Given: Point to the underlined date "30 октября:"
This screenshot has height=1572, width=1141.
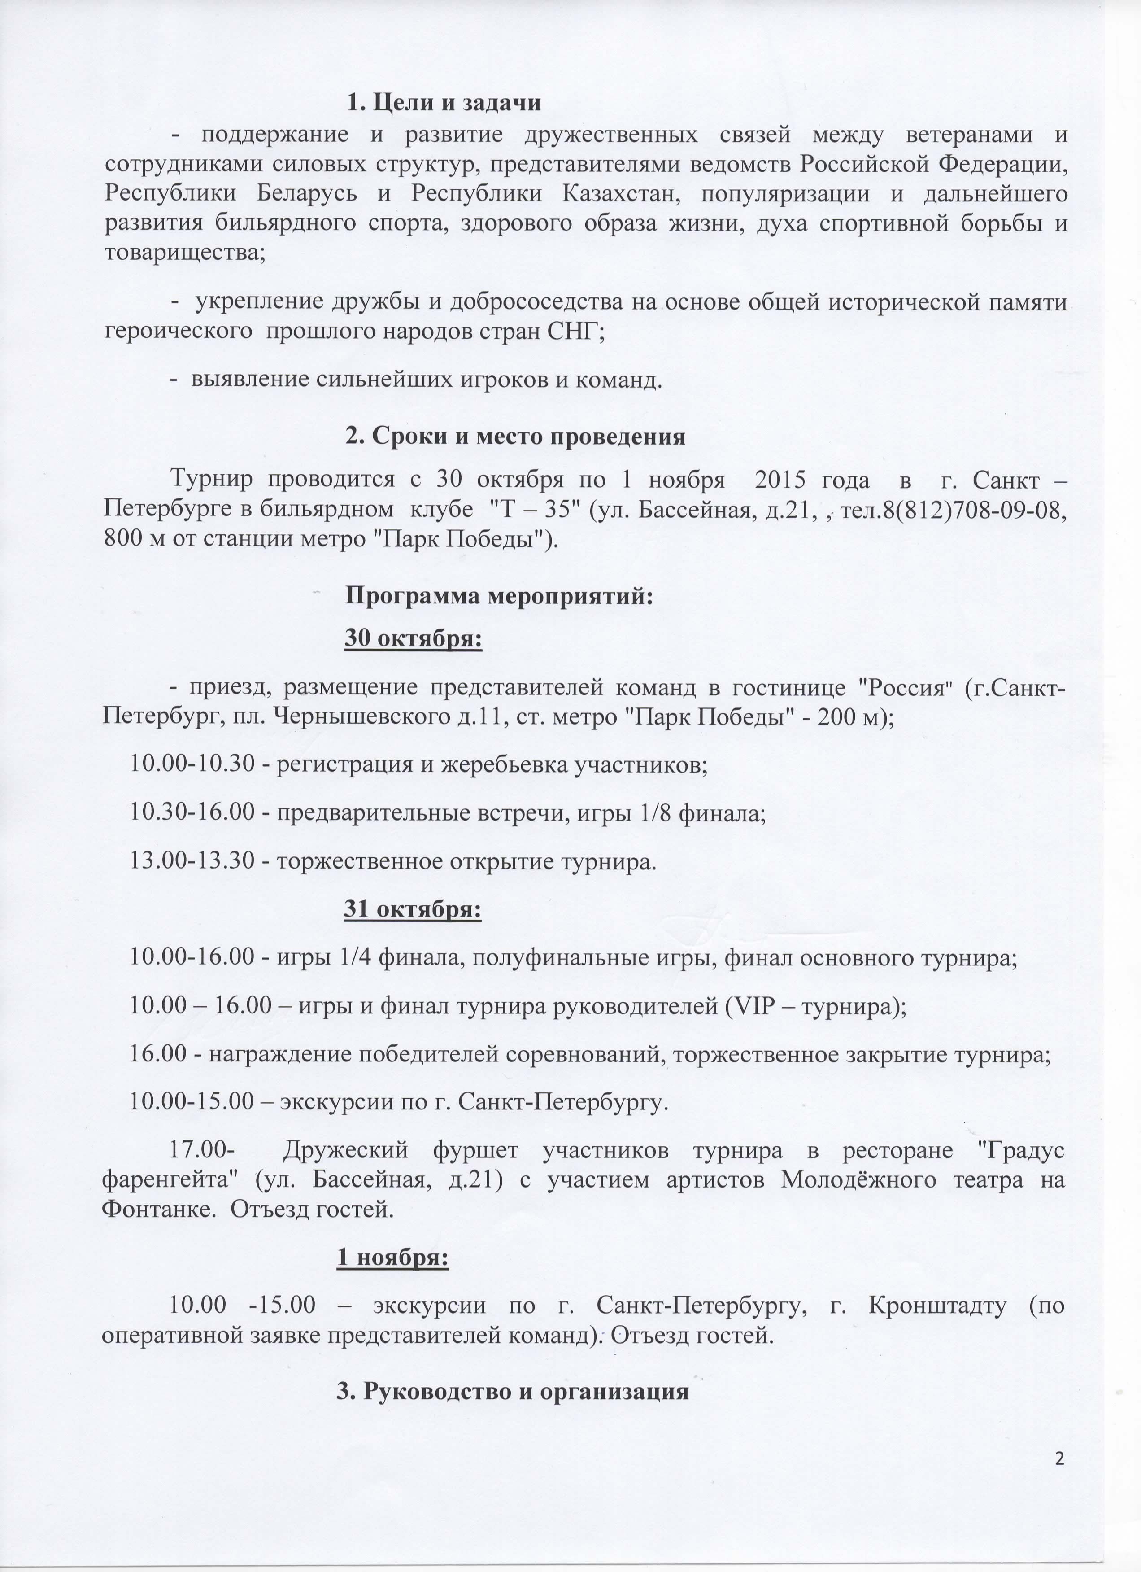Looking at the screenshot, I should click(414, 638).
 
